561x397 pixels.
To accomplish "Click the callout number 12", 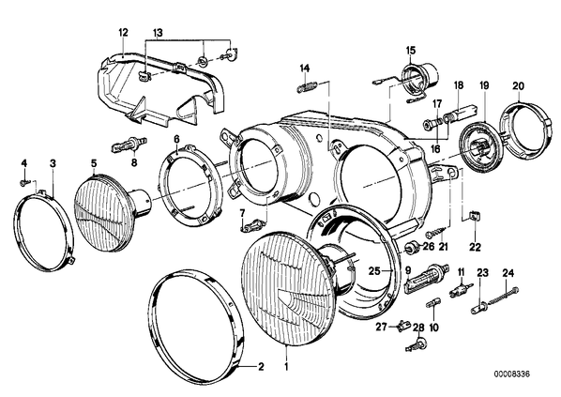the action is click(123, 33).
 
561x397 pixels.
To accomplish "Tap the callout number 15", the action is click(411, 50).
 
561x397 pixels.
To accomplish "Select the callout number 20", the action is click(518, 86).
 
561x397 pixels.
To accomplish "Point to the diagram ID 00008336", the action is click(511, 374).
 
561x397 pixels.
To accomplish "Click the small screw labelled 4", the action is click(23, 183).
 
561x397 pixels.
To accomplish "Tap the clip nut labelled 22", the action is click(474, 218).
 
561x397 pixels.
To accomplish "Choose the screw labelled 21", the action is click(436, 233).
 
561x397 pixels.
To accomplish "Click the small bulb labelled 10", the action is click(432, 304).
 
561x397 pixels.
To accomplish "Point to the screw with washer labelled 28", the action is click(417, 344).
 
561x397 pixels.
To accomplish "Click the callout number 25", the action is click(374, 271).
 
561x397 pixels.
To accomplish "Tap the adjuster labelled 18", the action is click(460, 112).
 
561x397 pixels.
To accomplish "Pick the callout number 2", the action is click(261, 367).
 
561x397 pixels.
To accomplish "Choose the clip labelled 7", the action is click(251, 226).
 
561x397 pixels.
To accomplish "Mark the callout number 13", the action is click(159, 33).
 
